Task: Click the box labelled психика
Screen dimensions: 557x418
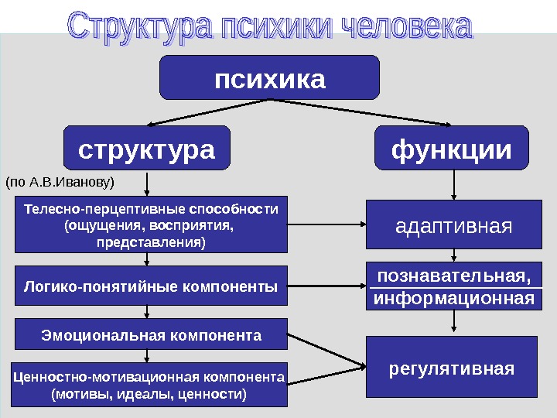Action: [x=269, y=78]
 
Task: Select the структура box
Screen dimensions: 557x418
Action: [x=147, y=149]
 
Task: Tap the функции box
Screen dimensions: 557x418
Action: [x=453, y=149]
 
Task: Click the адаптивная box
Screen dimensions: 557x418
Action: [x=453, y=227]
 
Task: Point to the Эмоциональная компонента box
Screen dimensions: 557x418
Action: [x=151, y=335]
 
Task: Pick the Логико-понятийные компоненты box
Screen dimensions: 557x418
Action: [x=151, y=287]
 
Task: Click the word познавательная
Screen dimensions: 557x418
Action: [x=453, y=276]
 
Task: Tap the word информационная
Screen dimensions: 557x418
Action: [x=453, y=298]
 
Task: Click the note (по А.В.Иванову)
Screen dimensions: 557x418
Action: [x=60, y=183]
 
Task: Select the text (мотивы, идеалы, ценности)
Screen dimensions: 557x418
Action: [x=149, y=395]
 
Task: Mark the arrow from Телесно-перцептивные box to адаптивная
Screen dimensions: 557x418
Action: [x=325, y=226]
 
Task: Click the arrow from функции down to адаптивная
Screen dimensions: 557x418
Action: [x=453, y=186]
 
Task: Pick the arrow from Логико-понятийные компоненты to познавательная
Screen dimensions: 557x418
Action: [x=325, y=287]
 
